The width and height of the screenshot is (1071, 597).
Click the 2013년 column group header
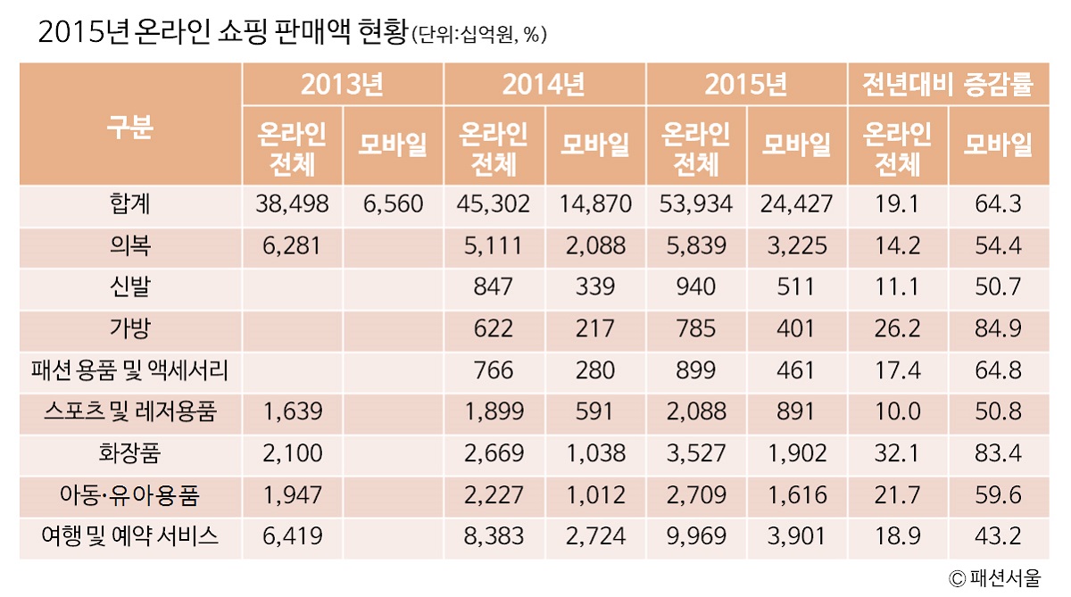(342, 85)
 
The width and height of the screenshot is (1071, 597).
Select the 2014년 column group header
(544, 85)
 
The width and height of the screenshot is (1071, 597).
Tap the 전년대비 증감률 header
(947, 85)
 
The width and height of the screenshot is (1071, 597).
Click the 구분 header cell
(130, 125)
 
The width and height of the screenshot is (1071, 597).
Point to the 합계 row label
(130, 204)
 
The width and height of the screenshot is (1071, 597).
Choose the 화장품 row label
(130, 453)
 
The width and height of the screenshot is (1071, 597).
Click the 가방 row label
(130, 328)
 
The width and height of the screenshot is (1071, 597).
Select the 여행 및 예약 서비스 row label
(130, 536)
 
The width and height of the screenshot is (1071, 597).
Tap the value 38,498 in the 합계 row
(292, 204)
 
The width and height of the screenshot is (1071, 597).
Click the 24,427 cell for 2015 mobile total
(796, 204)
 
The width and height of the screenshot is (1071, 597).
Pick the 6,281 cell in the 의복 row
(292, 245)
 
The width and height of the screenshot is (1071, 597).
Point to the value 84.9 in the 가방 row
(997, 328)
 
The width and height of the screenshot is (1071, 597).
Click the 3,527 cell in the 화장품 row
(696, 453)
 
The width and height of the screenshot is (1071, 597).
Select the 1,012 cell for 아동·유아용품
(595, 495)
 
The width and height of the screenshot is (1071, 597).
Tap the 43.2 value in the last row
(997, 536)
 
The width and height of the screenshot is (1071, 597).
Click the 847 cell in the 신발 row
(494, 287)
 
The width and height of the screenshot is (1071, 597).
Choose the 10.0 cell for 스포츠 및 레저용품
(896, 411)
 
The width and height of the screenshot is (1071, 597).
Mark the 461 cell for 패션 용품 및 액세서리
(796, 370)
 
